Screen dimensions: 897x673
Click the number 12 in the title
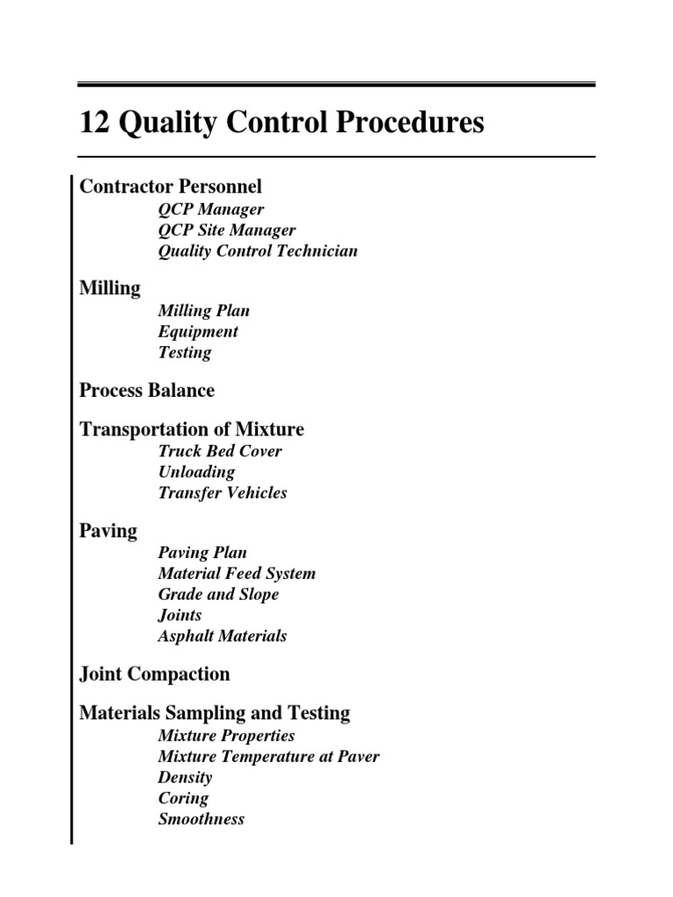click(92, 124)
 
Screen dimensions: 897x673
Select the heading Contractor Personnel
click(171, 187)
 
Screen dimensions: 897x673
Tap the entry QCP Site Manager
click(227, 230)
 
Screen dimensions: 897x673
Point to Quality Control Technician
click(258, 251)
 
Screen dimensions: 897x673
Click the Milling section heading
click(110, 288)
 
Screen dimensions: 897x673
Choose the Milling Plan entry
click(204, 311)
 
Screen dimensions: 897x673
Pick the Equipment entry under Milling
click(198, 332)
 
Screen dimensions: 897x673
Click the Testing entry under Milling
click(185, 353)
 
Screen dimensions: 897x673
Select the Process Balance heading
click(147, 390)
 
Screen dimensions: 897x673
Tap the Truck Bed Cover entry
click(220, 451)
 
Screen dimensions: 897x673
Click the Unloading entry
click(196, 472)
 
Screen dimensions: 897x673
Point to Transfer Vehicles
click(223, 493)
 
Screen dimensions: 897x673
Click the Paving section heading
click(109, 531)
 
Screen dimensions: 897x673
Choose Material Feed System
click(237, 574)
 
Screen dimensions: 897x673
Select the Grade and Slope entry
click(218, 595)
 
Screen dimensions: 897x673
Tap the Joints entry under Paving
click(180, 616)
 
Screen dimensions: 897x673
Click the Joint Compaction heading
click(155, 675)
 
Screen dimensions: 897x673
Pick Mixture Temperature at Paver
click(269, 756)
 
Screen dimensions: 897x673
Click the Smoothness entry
click(202, 820)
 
